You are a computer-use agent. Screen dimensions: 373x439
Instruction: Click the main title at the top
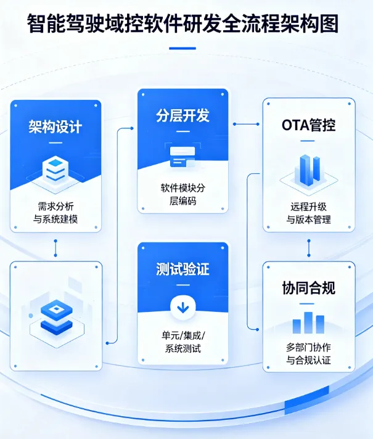tap(186, 23)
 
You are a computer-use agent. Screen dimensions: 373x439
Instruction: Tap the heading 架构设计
tap(55, 127)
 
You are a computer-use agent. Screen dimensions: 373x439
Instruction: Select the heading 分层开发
tap(182, 116)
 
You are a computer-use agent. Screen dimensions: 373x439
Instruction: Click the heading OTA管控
tap(309, 126)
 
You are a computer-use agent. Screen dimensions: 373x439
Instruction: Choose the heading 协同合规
tap(309, 288)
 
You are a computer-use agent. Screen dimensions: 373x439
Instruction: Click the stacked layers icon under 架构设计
tap(55, 168)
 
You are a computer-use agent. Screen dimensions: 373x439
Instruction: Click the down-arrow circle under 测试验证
tap(182, 306)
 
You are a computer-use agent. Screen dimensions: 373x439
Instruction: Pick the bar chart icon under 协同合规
tap(309, 322)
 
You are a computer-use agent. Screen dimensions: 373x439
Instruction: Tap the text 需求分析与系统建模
tap(55, 213)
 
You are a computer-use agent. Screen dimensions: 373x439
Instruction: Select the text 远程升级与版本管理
tap(309, 213)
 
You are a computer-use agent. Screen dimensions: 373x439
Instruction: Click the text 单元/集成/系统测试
tap(182, 342)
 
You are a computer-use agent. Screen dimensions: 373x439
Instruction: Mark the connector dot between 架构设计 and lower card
tap(55, 249)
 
